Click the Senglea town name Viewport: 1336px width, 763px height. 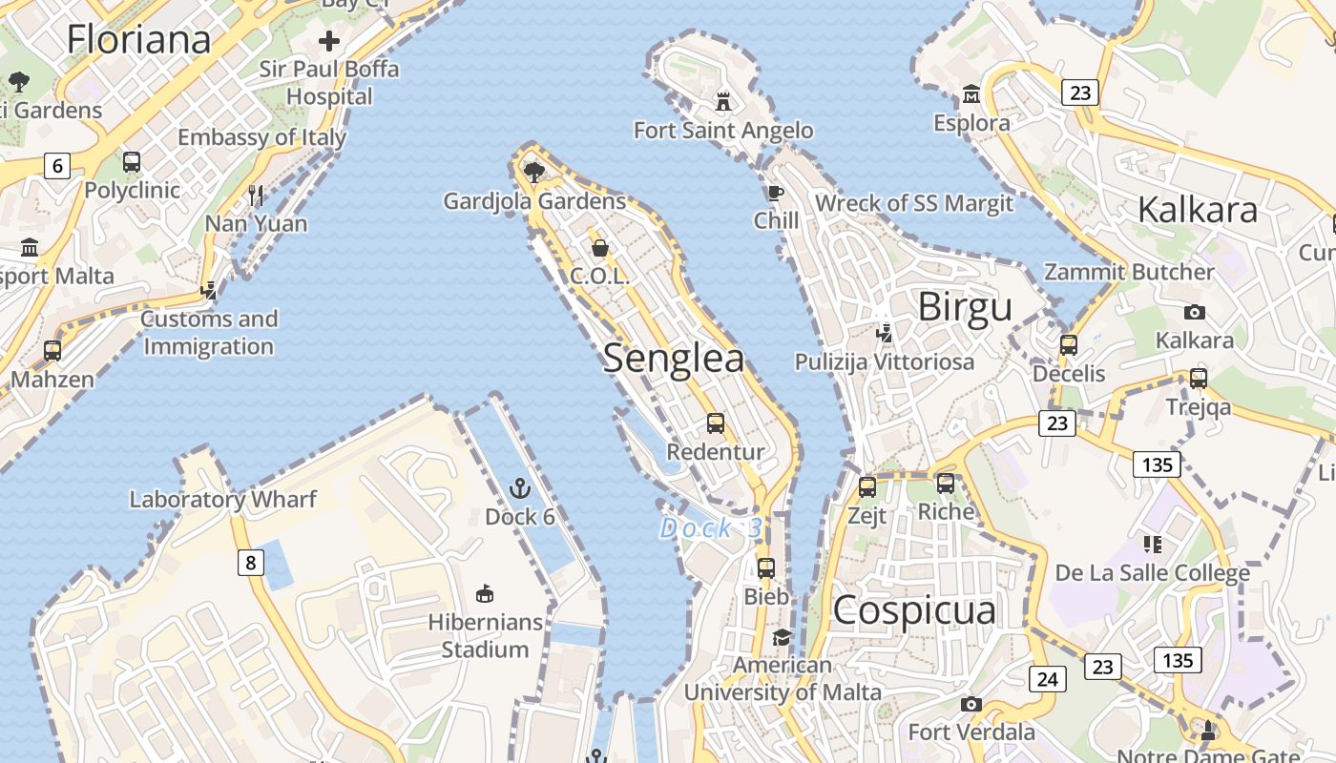point(674,358)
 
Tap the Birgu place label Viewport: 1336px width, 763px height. point(965,307)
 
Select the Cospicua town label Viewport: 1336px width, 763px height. point(914,610)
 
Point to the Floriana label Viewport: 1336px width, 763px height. point(139,39)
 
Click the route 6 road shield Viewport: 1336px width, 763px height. point(57,166)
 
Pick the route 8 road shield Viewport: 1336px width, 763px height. point(250,563)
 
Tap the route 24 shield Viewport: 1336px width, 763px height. point(1047,679)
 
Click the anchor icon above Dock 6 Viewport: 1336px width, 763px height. point(520,489)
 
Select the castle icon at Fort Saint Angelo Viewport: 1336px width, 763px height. point(723,101)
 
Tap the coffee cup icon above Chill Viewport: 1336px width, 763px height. point(776,194)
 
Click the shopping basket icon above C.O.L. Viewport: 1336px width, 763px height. point(600,249)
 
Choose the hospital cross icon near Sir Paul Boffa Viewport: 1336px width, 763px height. point(329,41)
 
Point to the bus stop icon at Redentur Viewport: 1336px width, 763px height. point(716,423)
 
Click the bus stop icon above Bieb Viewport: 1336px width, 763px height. point(766,568)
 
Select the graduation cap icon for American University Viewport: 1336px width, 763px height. point(783,637)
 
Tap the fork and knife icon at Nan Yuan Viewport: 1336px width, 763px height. point(256,196)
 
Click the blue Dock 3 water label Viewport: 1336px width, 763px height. point(711,528)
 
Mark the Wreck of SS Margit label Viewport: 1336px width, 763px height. point(913,202)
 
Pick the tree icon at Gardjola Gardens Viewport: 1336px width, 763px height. point(534,173)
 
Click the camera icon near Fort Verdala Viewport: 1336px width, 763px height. point(971,705)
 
